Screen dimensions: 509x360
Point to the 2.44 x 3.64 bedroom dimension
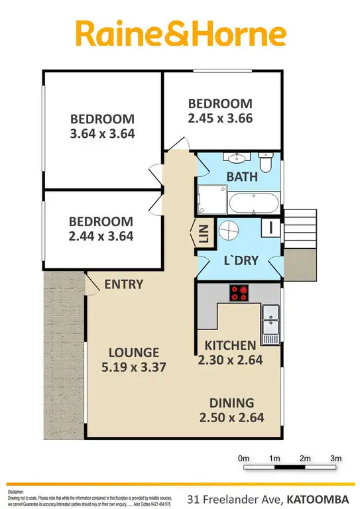point(101,235)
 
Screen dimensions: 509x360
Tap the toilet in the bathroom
point(265,162)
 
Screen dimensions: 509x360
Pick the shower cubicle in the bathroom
point(210,198)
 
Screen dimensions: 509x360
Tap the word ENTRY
point(123,285)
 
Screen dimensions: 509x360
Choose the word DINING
point(231,402)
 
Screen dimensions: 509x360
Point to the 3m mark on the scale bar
point(335,459)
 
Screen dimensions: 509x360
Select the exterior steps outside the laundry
point(301,229)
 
